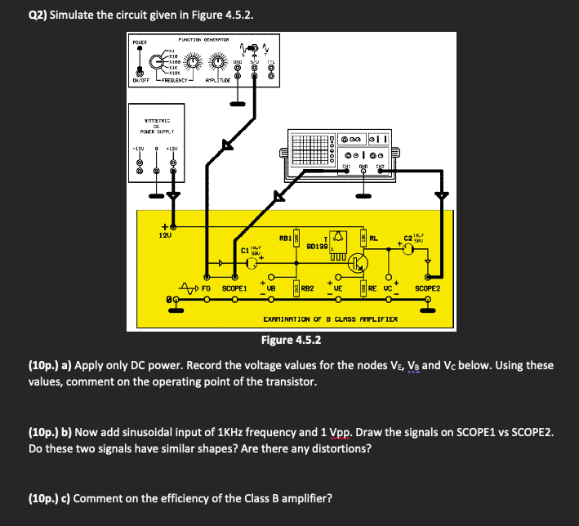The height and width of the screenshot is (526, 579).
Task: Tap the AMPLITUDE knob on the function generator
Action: pos(219,62)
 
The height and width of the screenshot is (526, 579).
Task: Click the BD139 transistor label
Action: pos(317,245)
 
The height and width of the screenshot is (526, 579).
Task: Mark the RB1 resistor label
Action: pos(285,238)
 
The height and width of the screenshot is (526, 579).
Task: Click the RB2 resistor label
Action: pos(308,288)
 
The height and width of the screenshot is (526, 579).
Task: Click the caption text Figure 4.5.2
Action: pos(291,340)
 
